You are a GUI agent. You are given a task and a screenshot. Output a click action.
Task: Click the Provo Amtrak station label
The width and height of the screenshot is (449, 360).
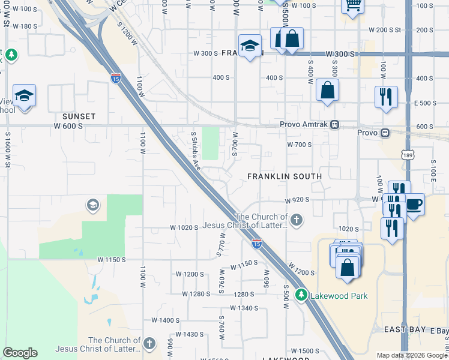(x=305, y=125)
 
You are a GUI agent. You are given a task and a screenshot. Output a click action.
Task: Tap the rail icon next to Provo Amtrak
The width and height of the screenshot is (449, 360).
(x=336, y=125)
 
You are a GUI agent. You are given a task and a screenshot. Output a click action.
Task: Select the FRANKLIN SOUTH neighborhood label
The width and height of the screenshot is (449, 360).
(x=285, y=176)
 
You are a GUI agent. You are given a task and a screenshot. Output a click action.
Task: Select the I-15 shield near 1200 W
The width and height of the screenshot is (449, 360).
(x=115, y=77)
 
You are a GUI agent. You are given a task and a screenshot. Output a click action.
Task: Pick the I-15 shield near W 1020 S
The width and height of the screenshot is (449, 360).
(x=256, y=243)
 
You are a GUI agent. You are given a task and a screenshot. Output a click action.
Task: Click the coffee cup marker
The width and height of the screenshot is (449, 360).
(x=414, y=204)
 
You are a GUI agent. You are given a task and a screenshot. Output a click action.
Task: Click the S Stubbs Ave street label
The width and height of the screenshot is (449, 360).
(x=194, y=151)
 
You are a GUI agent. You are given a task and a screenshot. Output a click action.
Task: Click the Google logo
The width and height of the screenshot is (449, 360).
(x=20, y=353)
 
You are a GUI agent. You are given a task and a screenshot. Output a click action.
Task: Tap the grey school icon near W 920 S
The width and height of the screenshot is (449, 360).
(x=92, y=205)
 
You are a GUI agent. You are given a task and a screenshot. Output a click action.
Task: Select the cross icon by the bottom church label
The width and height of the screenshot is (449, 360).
(x=149, y=344)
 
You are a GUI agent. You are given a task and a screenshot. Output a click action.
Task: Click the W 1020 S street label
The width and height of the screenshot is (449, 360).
(x=184, y=227)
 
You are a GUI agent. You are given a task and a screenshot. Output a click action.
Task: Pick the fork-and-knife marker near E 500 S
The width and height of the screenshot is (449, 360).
(x=386, y=97)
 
